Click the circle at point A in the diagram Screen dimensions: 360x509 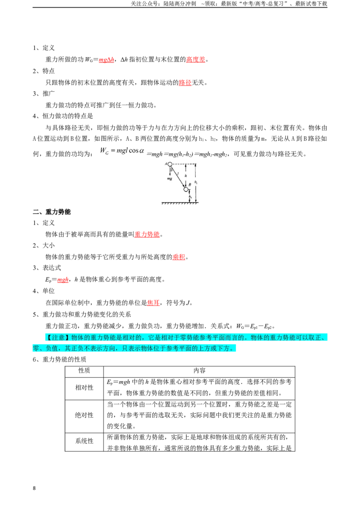click(x=170, y=165)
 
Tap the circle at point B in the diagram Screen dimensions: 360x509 click(x=186, y=189)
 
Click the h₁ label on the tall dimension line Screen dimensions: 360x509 click(x=196, y=183)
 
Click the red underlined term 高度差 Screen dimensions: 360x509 click(x=196, y=59)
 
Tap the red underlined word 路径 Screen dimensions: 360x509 click(x=185, y=83)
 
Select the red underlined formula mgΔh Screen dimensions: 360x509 click(x=107, y=60)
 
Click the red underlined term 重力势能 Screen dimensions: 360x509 click(x=147, y=234)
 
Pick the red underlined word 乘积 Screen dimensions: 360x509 click(x=179, y=257)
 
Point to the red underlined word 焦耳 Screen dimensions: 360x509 click(x=153, y=303)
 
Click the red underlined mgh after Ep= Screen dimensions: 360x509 click(x=63, y=280)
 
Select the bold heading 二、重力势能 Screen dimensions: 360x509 click(x=52, y=212)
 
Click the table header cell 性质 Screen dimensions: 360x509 click(x=84, y=371)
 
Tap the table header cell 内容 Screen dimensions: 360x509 click(x=199, y=371)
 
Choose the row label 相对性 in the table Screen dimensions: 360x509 click(x=84, y=388)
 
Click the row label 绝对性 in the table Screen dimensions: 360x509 click(x=84, y=415)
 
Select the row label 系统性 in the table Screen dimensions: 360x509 click(x=84, y=441)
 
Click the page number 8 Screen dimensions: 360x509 click(x=34, y=488)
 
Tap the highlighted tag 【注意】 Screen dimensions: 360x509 click(x=58, y=338)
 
